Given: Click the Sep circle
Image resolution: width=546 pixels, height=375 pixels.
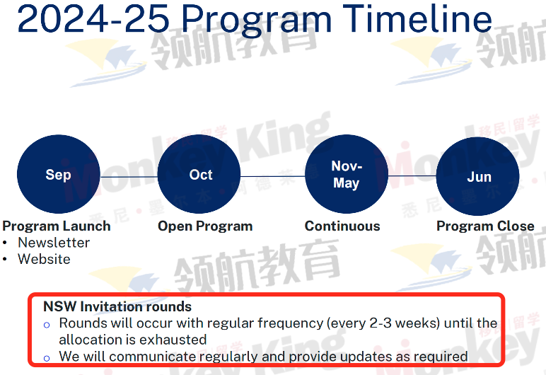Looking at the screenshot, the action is pos(59,174).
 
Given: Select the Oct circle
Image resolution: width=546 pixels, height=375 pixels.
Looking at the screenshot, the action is pos(199,174).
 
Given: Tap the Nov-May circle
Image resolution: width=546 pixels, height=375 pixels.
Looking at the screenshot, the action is pos(347,174).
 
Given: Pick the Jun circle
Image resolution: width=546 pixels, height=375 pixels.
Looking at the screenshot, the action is pos(478,176).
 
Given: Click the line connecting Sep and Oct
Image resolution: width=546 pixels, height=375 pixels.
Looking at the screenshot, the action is pos(129,177).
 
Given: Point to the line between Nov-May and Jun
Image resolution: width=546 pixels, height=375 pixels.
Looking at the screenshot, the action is pos(412,176).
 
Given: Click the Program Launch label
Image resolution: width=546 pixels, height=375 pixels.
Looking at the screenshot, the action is pos(57,226).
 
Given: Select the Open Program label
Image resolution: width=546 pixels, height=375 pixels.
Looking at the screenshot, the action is pos(205,226).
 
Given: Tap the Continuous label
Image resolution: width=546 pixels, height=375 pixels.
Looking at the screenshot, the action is pos(342,226).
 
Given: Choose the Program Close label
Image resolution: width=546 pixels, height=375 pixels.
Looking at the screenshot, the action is pos(485,226).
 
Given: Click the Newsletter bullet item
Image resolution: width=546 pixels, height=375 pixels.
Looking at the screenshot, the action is pos(54,243).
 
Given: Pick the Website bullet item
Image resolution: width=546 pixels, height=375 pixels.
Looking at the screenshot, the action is pos(44,259).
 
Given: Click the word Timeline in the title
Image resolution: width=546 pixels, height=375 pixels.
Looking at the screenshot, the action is pos(417,18).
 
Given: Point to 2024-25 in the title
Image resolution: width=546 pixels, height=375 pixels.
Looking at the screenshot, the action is pos(93,19).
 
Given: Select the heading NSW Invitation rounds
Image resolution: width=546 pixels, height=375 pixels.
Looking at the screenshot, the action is pos(117,306).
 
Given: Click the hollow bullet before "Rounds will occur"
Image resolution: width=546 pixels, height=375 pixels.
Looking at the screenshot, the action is pos(47,325).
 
